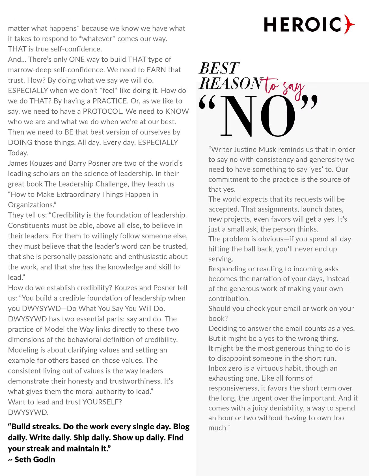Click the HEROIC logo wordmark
click(303, 25)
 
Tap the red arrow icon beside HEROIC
click(349, 24)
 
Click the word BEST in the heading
click(219, 68)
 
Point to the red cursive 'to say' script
click(284, 87)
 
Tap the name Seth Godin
click(35, 460)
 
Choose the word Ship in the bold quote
click(81, 438)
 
